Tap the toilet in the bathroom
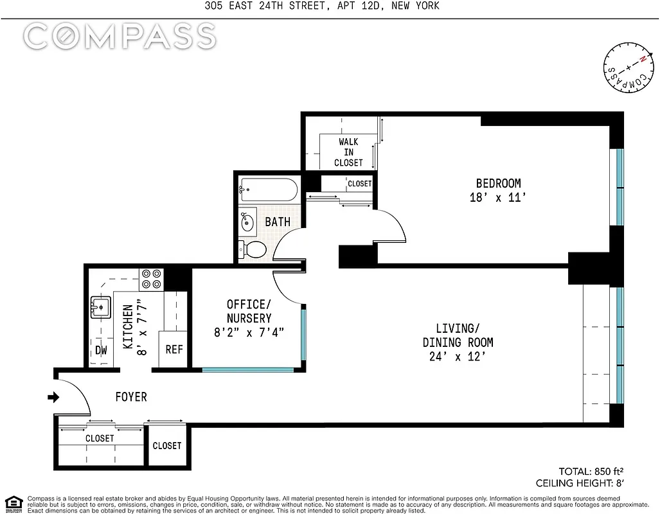[x=251, y=249]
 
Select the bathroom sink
[x=248, y=221]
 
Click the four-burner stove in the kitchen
[x=152, y=278]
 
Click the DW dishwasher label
[x=101, y=350]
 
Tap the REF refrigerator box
[x=174, y=350]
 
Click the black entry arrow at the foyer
[x=53, y=398]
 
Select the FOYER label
[x=130, y=397]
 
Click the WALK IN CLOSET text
[x=348, y=152]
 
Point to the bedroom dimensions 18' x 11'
[x=498, y=198]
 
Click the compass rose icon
[x=627, y=68]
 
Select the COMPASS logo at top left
[x=120, y=37]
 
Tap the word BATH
[x=278, y=222]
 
